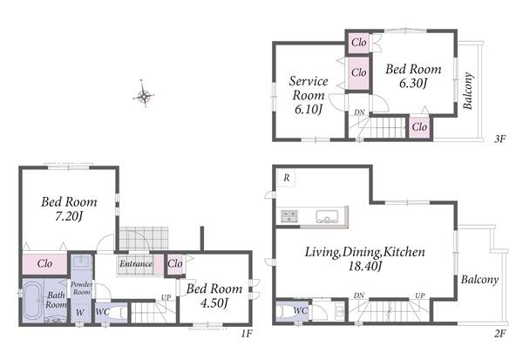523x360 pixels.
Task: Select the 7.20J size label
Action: [69, 217]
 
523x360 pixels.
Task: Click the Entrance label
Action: [135, 263]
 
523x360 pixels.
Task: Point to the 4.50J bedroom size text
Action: [214, 303]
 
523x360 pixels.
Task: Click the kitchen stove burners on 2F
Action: [289, 215]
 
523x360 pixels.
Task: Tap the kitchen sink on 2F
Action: [327, 216]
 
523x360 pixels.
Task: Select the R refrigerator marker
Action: [287, 178]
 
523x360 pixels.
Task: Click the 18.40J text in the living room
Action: [364, 266]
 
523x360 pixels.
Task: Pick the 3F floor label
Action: [499, 139]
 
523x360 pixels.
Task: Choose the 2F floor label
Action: [499, 333]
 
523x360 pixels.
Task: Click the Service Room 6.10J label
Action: [309, 95]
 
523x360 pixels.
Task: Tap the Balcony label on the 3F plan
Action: [468, 91]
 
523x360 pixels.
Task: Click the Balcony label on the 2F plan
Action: [479, 279]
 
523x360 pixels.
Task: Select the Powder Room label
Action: [81, 288]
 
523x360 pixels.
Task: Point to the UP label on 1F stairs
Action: [166, 297]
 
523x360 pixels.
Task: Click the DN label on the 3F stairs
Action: [359, 112]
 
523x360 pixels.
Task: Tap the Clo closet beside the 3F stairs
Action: [419, 127]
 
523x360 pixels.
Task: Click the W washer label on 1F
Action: [79, 313]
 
